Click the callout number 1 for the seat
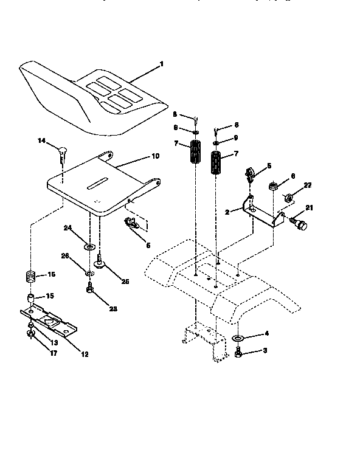pos(162,64)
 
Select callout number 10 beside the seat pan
pos(155,156)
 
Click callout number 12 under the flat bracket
pos(85,354)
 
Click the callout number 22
pos(308,185)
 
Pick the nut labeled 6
pos(274,184)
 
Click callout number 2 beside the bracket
pos(227,212)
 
